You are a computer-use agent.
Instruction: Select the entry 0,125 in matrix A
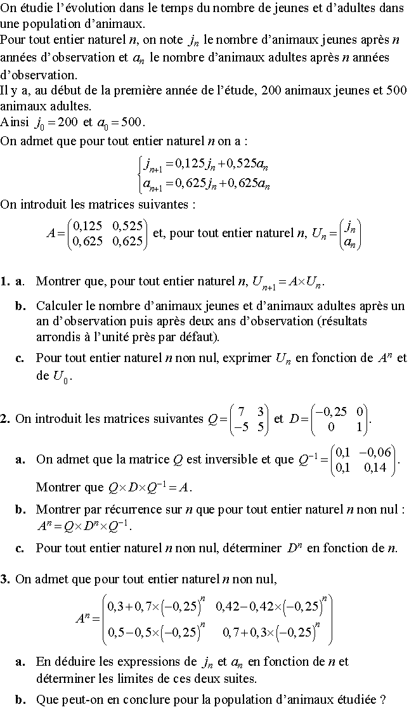click(x=89, y=225)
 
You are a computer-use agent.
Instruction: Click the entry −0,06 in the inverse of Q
click(x=378, y=451)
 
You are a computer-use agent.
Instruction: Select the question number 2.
click(x=5, y=418)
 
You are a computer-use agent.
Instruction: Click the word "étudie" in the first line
click(x=34, y=8)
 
